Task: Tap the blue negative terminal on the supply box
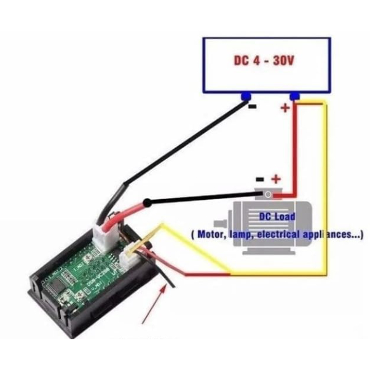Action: tap(246, 96)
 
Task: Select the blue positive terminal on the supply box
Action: tap(294, 96)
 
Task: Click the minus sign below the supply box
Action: tap(252, 107)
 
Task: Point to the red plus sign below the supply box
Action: tap(285, 109)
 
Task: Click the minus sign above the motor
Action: tap(260, 179)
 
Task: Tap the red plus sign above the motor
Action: tap(276, 179)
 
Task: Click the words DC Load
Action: tap(276, 217)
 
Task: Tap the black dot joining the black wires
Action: tap(148, 203)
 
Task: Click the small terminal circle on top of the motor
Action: tap(268, 194)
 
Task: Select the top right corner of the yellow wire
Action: tap(325, 104)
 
